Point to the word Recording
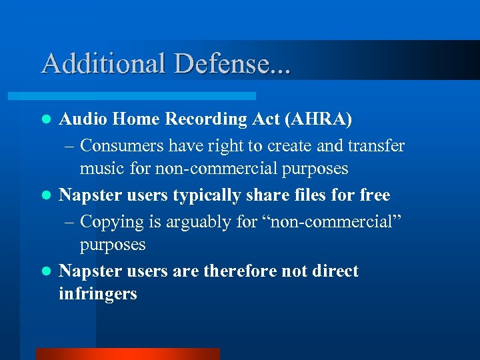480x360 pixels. point(203,119)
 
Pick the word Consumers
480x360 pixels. point(125,145)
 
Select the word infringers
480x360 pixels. point(98,293)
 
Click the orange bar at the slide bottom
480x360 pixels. point(127,354)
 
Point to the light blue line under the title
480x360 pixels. point(147,96)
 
